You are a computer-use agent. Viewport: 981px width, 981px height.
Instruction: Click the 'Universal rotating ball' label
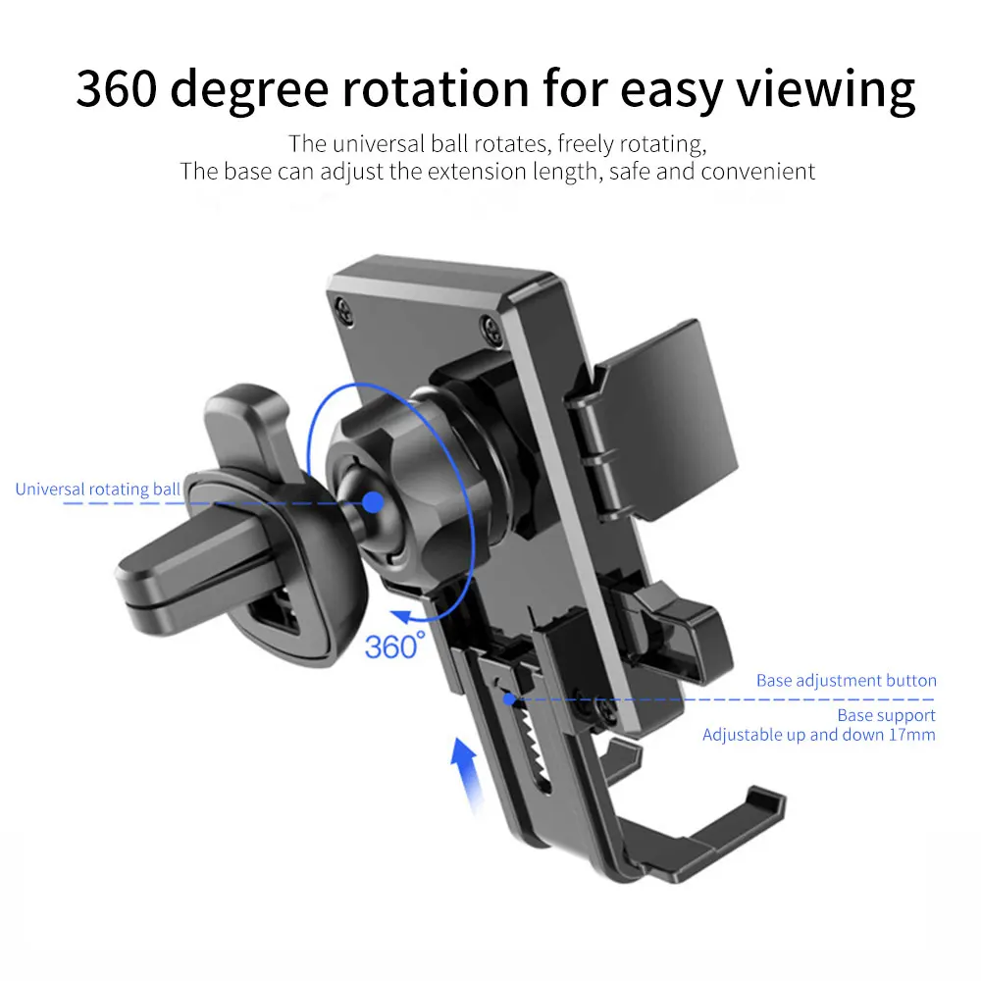pos(97,489)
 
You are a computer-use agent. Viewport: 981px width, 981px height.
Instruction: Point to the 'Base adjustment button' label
pos(846,680)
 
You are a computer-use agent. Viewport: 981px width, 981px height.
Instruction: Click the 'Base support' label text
pos(886,715)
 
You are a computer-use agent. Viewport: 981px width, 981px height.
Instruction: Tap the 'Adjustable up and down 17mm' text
pos(818,734)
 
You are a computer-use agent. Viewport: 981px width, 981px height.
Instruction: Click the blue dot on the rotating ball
pos(371,502)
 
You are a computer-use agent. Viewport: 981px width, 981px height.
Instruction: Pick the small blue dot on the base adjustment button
pos(508,698)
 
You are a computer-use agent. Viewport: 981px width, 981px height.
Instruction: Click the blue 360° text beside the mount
pos(395,645)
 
